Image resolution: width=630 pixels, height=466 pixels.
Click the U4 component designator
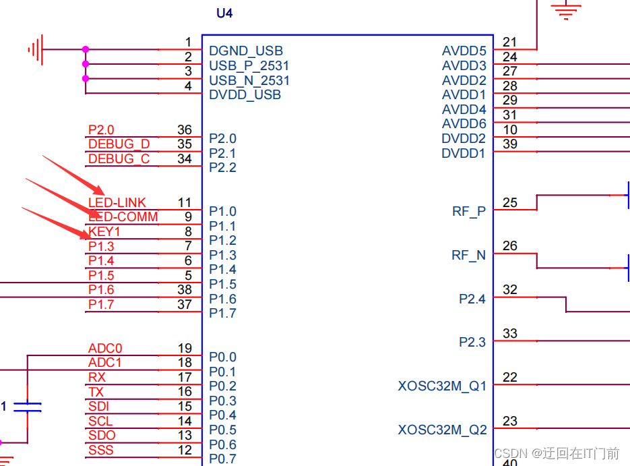coord(224,13)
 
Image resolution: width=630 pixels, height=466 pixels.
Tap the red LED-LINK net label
coord(117,202)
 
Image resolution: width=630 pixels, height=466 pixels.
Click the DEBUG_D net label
coord(119,144)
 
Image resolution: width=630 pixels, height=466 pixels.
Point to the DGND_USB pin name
coord(246,51)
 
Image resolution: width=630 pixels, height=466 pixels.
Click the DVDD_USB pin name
coord(245,95)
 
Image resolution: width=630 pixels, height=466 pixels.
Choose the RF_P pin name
coord(469,212)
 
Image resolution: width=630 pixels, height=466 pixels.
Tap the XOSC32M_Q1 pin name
coord(442,386)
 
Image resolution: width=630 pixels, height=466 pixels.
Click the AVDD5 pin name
coord(464,51)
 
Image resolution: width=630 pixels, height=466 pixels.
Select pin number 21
coord(510,42)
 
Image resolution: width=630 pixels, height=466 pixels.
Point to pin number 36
coord(184,129)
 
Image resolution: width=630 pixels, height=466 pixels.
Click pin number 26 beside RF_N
coord(510,246)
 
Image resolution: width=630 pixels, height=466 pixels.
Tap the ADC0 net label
coord(105,349)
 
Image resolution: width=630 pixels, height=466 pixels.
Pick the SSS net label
coord(101,450)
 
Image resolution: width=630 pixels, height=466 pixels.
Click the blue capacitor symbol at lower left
coord(28,407)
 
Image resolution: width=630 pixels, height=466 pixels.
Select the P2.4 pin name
coord(472,299)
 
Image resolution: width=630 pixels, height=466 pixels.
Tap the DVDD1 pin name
coord(464,154)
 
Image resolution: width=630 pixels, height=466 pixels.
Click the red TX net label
coord(96,392)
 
